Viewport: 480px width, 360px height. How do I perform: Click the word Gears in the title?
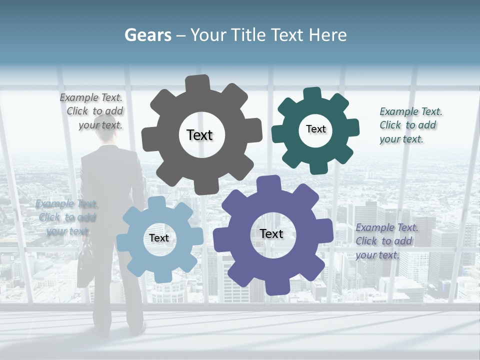[147, 35]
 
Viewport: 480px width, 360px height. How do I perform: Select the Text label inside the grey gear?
[199, 135]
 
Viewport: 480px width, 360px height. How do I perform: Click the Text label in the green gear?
[315, 129]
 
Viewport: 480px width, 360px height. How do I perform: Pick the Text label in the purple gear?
[271, 233]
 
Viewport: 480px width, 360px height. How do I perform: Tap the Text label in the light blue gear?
[159, 238]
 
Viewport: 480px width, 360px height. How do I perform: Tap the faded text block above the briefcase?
[66, 217]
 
